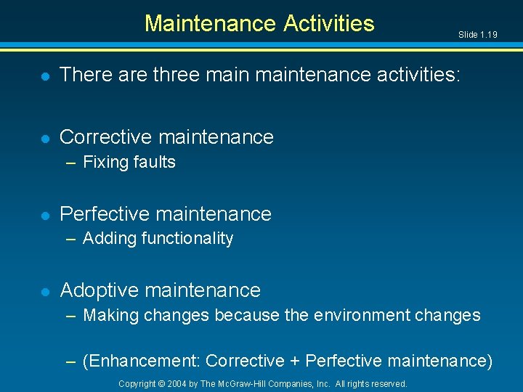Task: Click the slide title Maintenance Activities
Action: (x=259, y=23)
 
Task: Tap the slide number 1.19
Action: (x=477, y=35)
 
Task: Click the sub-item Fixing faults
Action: (x=129, y=162)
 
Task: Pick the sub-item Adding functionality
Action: (x=158, y=239)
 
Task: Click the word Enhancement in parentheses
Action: (x=144, y=361)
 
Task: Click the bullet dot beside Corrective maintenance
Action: (x=45, y=137)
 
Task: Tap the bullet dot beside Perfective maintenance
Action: (x=45, y=215)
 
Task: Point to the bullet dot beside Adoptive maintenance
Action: (x=45, y=291)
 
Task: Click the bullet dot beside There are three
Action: (x=45, y=75)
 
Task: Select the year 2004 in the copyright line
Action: (x=177, y=383)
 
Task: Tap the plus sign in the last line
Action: (x=294, y=361)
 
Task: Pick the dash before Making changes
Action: (x=70, y=316)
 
